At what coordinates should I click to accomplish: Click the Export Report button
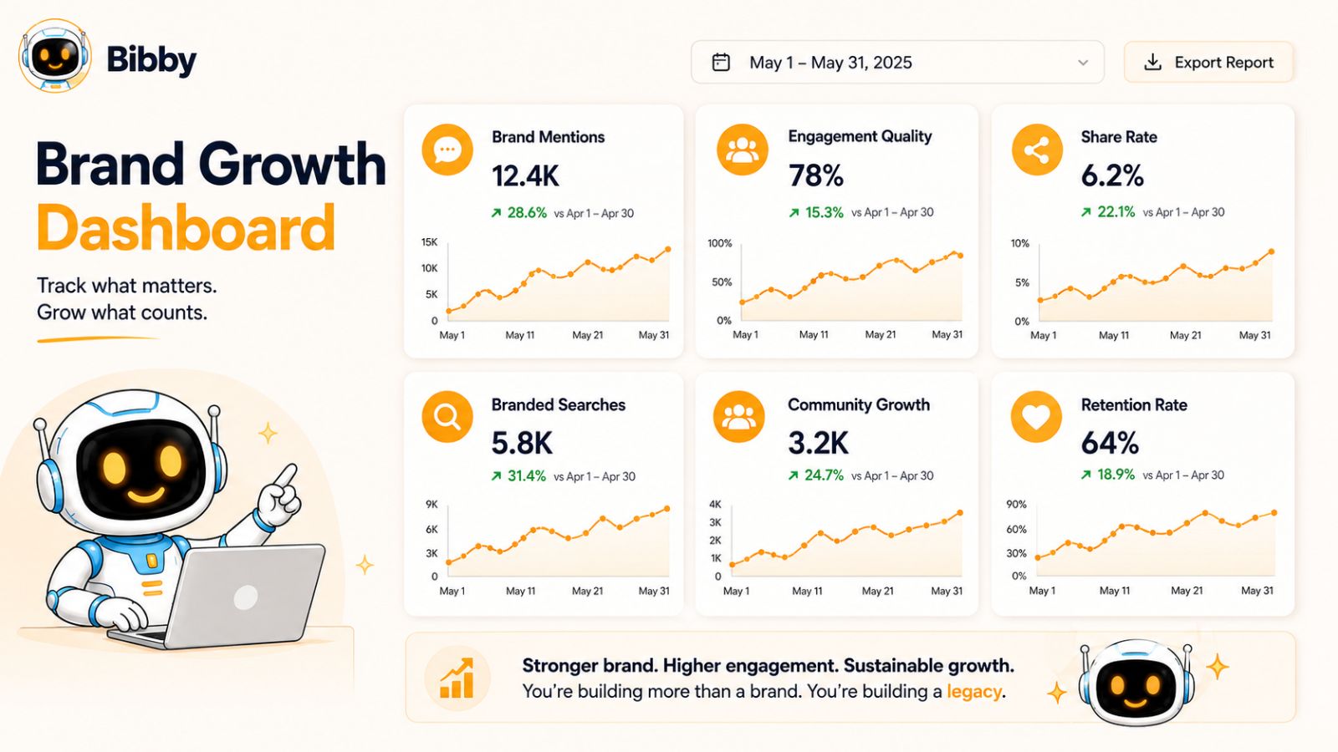coord(1208,62)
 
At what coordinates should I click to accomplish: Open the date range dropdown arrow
coord(1083,63)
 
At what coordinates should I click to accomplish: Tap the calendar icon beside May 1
coord(721,62)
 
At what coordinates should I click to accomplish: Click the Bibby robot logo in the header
coord(55,55)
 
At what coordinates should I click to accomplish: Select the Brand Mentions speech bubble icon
coord(447,150)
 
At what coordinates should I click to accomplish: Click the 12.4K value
coord(525,176)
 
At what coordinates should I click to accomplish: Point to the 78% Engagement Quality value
coord(816,175)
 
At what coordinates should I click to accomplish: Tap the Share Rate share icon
coord(1037,150)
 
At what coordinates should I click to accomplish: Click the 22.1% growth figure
coord(1116,212)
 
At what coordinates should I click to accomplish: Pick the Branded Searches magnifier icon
coord(447,417)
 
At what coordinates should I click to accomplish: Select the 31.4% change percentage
coord(526,475)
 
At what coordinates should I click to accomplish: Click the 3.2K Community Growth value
coord(818,443)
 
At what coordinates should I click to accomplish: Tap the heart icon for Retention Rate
coord(1036,417)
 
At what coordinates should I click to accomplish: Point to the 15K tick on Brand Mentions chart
coord(430,241)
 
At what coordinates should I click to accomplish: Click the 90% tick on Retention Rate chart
coord(1016,505)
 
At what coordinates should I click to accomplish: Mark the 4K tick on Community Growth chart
coord(715,505)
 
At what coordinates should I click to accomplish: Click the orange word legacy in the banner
coord(974,692)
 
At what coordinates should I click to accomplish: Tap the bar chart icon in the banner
coord(457,678)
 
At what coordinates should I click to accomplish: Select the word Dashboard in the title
coord(186,227)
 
